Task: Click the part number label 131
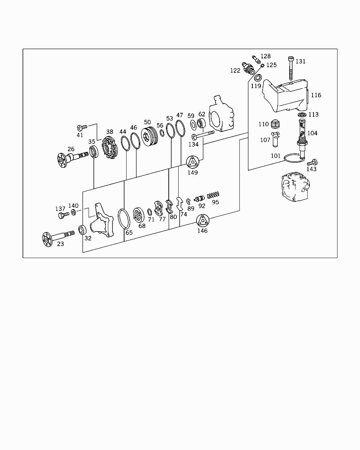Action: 300,61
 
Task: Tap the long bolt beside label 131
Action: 291,68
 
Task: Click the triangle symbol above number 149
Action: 192,162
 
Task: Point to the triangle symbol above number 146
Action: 202,220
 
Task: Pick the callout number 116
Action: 316,95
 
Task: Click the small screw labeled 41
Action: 82,127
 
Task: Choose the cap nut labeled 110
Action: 275,124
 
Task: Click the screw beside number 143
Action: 312,162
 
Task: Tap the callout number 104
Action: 312,133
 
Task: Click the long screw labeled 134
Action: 203,135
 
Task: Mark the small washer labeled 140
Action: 73,212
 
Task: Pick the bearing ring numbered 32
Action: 82,230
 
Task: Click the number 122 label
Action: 235,71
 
